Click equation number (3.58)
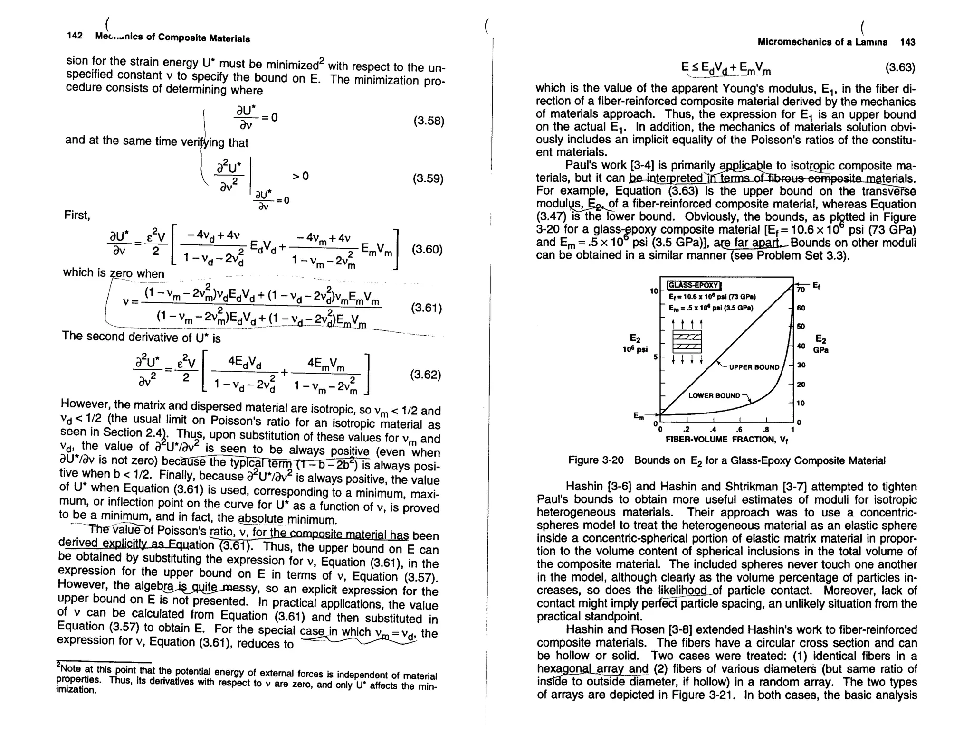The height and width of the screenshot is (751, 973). (x=429, y=121)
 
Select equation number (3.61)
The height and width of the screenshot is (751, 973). (x=426, y=309)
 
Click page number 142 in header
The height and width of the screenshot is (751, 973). (x=75, y=36)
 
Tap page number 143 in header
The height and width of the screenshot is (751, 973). (x=907, y=42)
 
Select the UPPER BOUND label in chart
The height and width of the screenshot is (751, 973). (x=754, y=367)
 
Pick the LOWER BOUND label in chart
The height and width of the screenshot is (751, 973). (x=714, y=395)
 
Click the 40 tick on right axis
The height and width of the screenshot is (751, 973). (x=801, y=346)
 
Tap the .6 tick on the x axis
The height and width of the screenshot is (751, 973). (x=740, y=430)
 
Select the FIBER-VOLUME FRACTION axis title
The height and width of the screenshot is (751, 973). (x=727, y=440)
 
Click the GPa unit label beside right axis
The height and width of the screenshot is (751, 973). (x=820, y=350)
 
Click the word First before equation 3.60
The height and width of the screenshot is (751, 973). (x=77, y=216)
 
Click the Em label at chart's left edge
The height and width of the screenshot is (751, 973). (x=639, y=416)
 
